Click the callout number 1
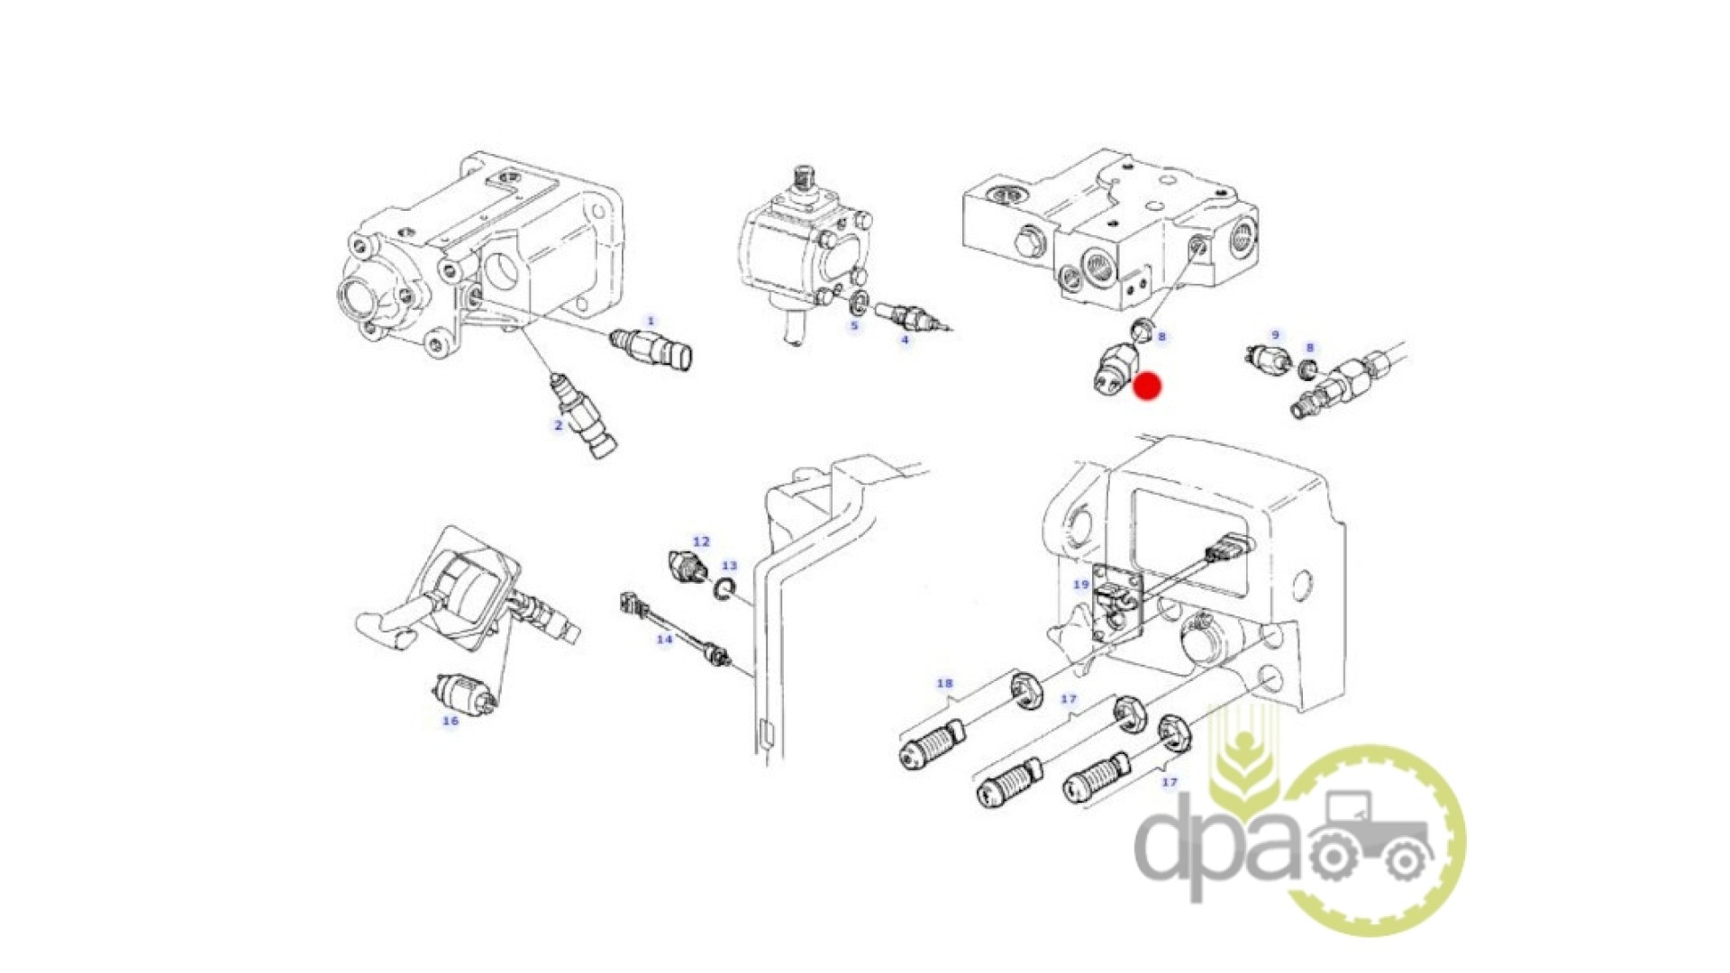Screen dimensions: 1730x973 (x=651, y=321)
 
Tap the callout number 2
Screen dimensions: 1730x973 (x=559, y=425)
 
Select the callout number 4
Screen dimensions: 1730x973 (x=906, y=340)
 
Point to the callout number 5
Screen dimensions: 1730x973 (x=854, y=325)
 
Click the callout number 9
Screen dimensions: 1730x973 (x=1275, y=335)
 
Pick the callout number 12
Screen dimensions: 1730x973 (x=701, y=541)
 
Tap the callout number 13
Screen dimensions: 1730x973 (x=729, y=566)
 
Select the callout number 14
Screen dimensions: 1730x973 (x=664, y=640)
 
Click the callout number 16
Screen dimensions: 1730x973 (x=451, y=721)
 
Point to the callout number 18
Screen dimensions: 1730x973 (x=944, y=683)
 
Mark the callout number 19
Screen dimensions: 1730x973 (x=1081, y=585)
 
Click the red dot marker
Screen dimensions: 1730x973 (x=1147, y=386)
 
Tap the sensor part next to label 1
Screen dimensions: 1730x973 (x=651, y=350)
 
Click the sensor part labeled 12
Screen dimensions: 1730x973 (x=689, y=565)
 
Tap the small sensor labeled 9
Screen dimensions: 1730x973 (x=1270, y=358)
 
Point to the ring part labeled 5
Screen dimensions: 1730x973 (x=860, y=299)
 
